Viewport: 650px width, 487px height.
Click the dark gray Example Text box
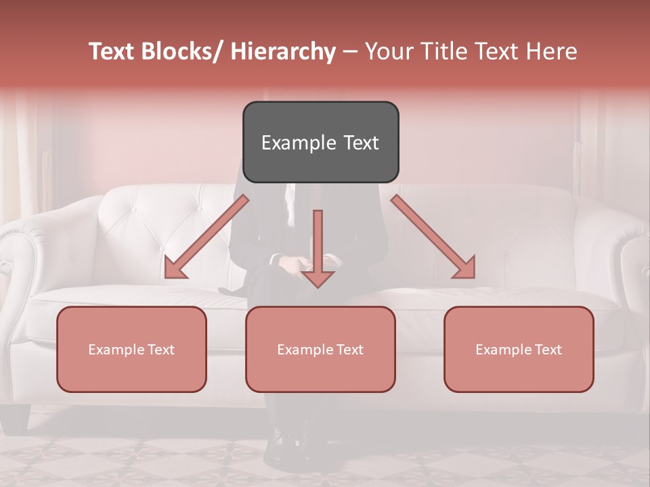[x=320, y=142]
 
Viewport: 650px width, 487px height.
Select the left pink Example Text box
[x=131, y=349]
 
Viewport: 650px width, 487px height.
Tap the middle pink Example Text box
[x=320, y=349]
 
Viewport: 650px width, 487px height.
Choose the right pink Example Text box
[x=519, y=349]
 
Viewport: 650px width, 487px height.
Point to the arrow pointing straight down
[x=318, y=247]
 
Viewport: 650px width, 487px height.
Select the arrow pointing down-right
[x=433, y=237]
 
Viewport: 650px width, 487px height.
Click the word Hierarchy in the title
[x=283, y=51]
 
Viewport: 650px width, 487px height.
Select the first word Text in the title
[x=112, y=51]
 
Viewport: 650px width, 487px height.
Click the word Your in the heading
[x=389, y=51]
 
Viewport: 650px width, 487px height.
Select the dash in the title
[x=350, y=51]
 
